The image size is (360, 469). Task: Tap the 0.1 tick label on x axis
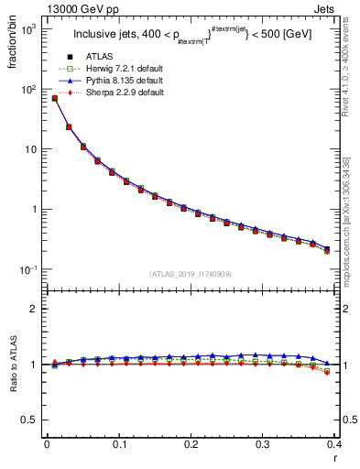[118, 444]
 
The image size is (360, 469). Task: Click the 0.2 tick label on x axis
[191, 444]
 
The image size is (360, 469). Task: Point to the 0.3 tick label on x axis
[263, 444]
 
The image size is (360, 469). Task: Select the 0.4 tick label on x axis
[335, 444]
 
